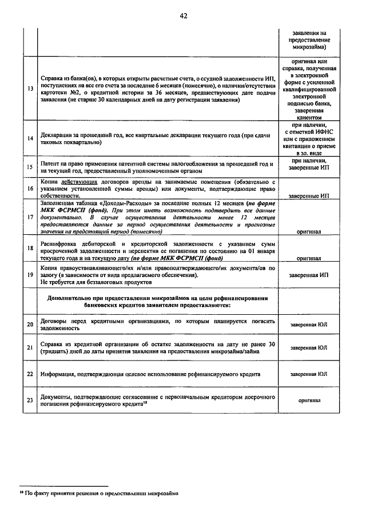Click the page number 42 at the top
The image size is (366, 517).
183,15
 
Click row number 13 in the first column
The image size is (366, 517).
29,89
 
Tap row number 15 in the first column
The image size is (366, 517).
29,167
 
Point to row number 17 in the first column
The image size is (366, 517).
29,217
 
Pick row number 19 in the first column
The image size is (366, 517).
29,275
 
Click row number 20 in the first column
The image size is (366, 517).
29,324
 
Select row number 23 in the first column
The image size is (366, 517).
29,400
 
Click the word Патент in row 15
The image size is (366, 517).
51,163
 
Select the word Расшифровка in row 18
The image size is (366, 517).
59,243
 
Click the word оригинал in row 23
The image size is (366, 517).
309,400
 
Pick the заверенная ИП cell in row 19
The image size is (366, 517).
309,275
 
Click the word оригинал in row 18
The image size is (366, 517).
309,258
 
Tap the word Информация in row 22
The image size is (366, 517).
58,374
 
